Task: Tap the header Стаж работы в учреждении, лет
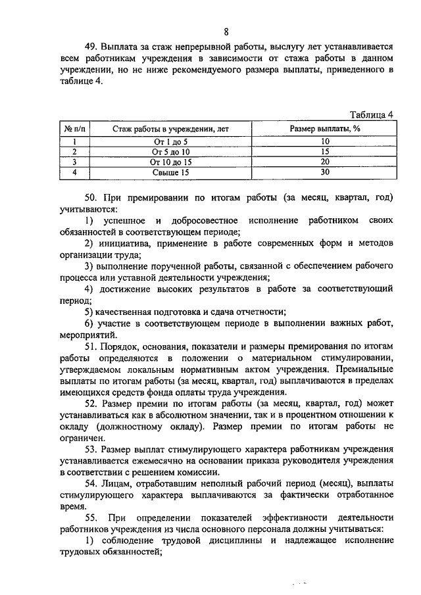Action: (170, 128)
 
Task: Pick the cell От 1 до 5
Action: (170, 141)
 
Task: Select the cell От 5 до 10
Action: (170, 151)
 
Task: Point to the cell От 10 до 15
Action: (170, 162)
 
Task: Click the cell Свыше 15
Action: (170, 172)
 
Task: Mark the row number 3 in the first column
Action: (75, 162)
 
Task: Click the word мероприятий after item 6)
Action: (86, 333)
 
